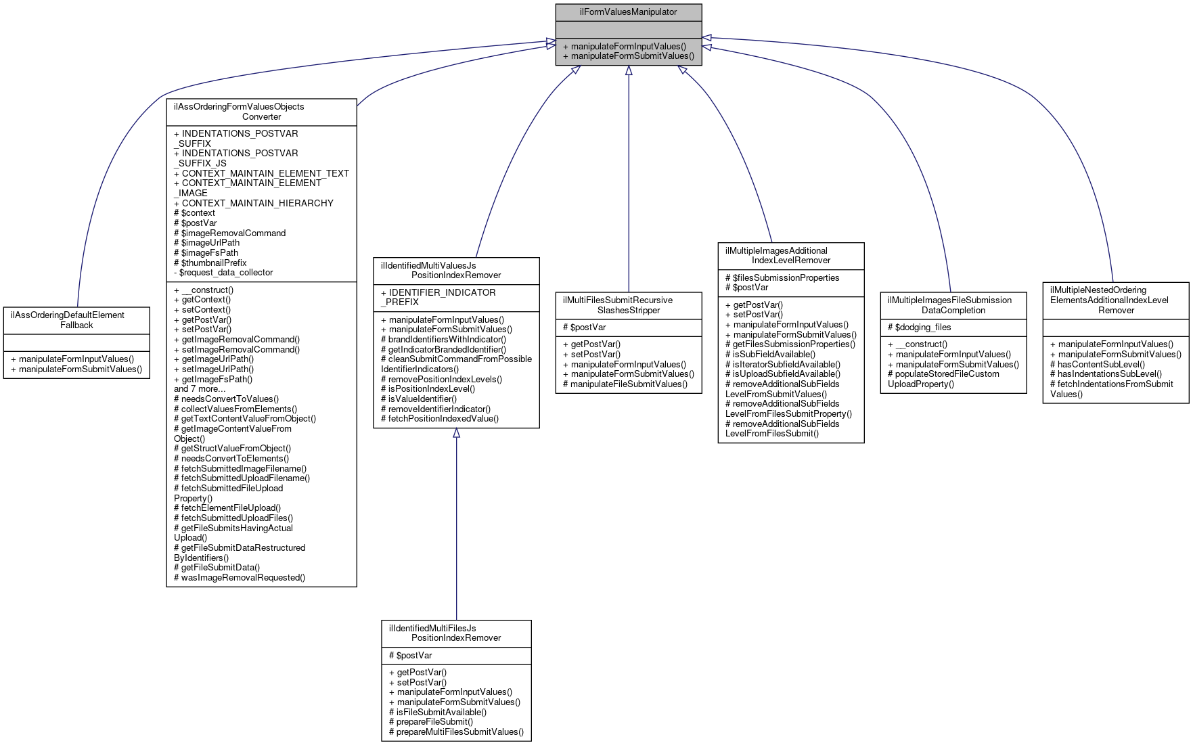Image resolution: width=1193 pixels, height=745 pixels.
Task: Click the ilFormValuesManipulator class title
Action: point(628,12)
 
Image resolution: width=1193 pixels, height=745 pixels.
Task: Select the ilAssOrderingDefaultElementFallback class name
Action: point(76,320)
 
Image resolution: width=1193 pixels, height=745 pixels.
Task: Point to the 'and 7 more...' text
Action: point(200,389)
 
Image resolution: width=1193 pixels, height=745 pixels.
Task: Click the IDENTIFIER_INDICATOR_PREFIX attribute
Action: point(438,298)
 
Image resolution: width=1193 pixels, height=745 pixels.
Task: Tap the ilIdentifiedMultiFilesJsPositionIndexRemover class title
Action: point(456,633)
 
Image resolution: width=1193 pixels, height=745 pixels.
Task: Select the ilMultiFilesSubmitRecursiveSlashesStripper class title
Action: point(629,305)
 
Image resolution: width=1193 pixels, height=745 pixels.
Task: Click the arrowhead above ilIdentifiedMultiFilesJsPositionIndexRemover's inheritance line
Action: point(456,433)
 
